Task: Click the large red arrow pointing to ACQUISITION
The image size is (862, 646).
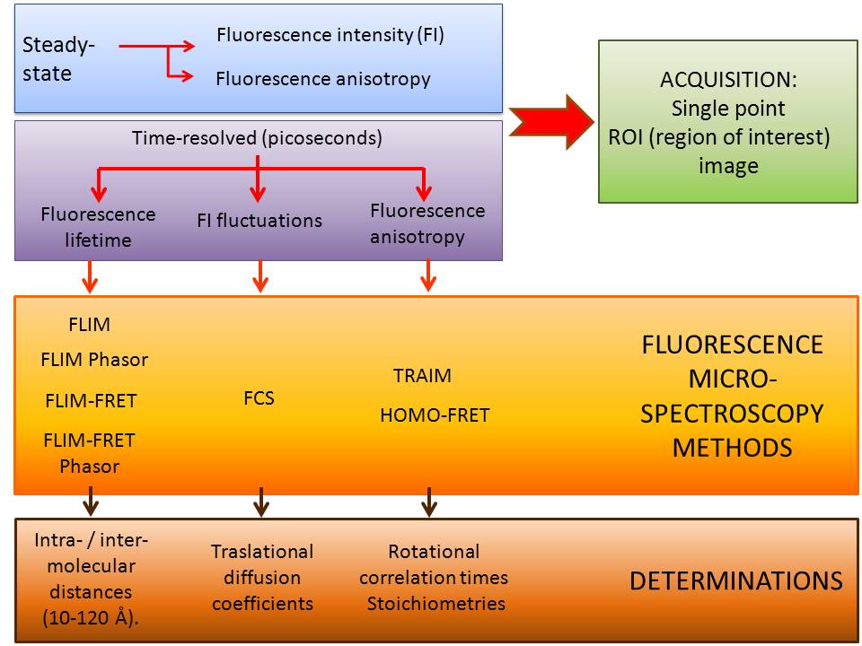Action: tap(551, 121)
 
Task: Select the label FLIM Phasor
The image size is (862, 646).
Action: tap(94, 360)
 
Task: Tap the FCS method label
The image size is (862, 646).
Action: tap(259, 397)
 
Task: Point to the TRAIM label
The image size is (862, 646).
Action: tap(422, 376)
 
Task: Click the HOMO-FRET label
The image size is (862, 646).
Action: tap(435, 415)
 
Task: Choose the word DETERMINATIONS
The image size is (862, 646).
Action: tap(736, 581)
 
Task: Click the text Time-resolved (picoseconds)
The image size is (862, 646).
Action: tap(257, 138)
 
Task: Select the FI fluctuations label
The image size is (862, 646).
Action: tap(259, 221)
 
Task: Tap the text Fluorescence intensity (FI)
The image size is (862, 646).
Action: tap(330, 35)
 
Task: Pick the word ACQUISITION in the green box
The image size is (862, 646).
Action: tap(728, 80)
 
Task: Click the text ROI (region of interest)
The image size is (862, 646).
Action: tap(719, 137)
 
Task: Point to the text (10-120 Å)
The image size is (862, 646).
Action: tap(91, 618)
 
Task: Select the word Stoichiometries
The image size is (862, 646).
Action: tap(436, 604)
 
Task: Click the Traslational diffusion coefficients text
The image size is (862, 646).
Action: tap(262, 577)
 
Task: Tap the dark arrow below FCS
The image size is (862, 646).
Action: tap(261, 502)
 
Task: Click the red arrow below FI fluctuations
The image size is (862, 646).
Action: tap(260, 275)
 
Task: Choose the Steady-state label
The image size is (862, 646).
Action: tap(58, 59)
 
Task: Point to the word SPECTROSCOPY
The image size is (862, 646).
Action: tap(732, 414)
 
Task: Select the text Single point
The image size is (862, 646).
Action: tap(728, 109)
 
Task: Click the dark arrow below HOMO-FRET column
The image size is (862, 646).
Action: tap(429, 502)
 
